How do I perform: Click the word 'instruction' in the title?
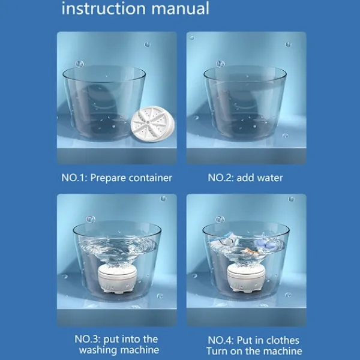tap(104, 8)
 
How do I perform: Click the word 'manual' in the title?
tap(181, 8)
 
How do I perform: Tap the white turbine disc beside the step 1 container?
tap(152, 124)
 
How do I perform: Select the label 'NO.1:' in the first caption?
tap(74, 178)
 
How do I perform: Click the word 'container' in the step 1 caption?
tap(151, 178)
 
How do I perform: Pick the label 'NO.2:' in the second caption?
tap(221, 178)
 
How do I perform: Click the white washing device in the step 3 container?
tap(118, 278)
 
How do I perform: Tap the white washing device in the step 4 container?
tap(247, 278)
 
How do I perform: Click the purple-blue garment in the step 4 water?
tap(265, 244)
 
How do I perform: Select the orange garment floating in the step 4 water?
tap(250, 251)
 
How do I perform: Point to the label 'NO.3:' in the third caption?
tap(88, 340)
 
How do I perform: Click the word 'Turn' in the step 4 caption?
tap(217, 351)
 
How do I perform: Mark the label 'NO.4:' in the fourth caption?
tap(221, 340)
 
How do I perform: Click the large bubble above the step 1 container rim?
tap(79, 64)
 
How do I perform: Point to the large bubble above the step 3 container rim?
tap(91, 220)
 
